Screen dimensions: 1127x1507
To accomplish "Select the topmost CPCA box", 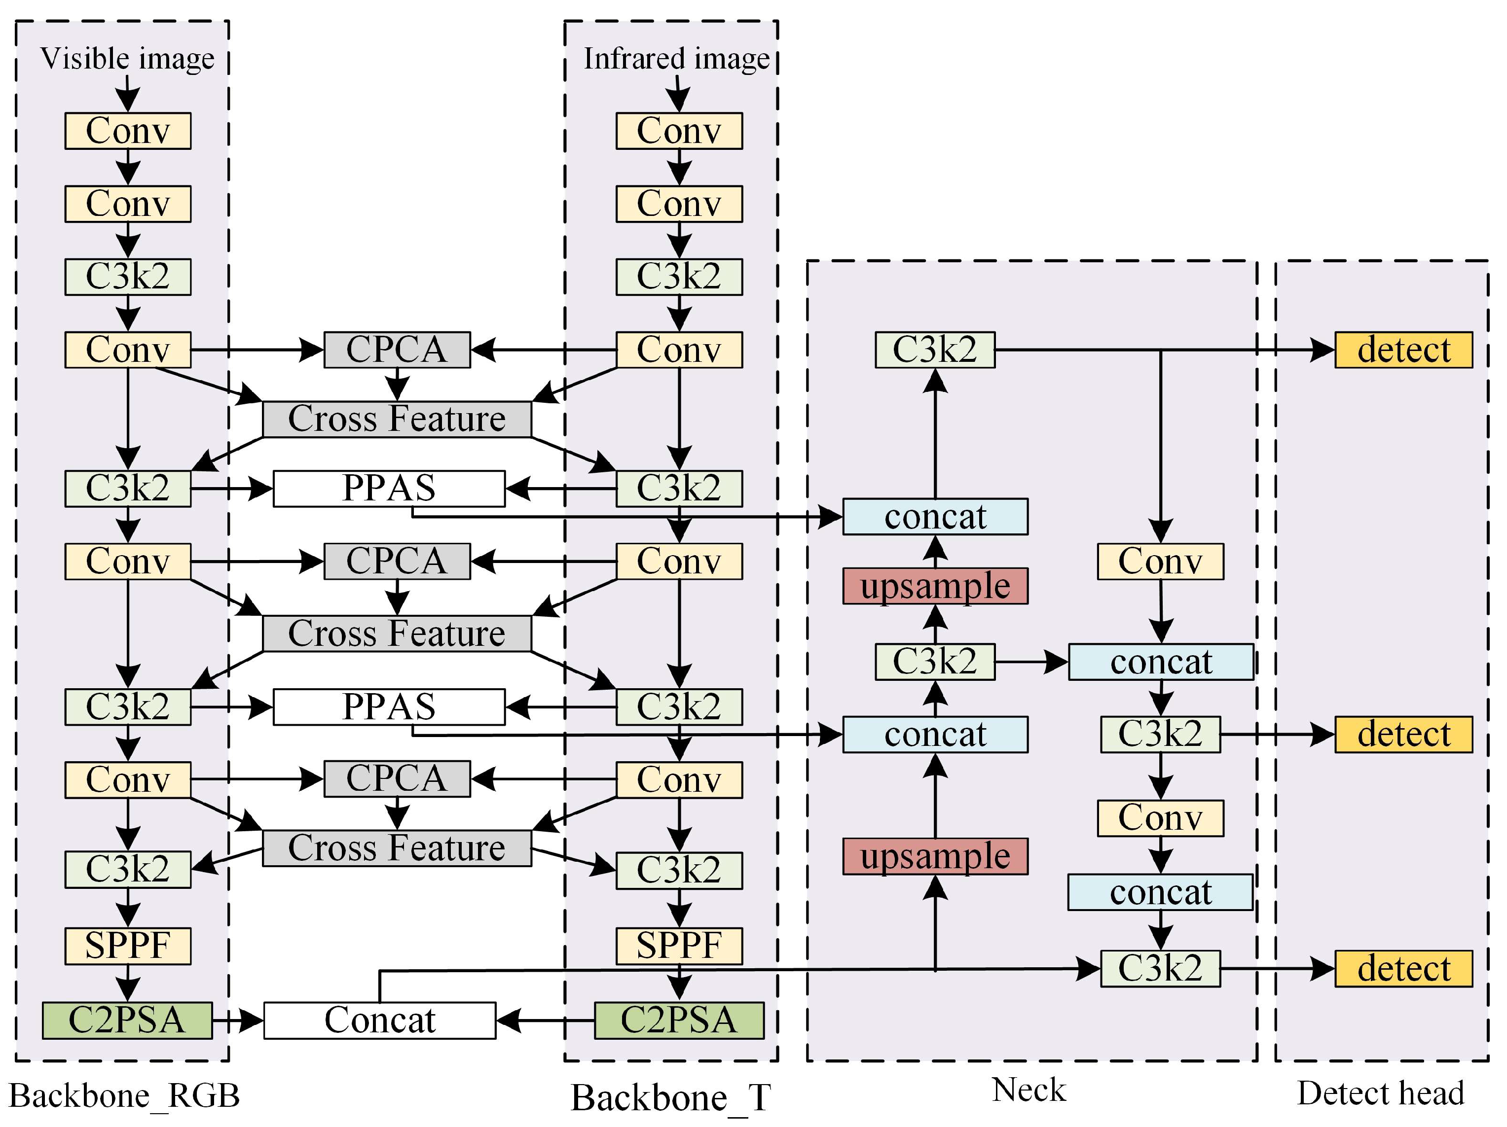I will [x=397, y=350].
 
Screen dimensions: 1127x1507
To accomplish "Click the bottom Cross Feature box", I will [x=397, y=848].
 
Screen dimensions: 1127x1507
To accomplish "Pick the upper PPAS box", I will [x=389, y=488].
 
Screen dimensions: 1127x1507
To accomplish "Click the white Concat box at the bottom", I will [x=379, y=1020].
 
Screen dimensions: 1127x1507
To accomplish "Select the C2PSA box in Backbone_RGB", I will [x=127, y=1020].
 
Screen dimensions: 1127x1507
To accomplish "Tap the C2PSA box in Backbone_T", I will [x=679, y=1020].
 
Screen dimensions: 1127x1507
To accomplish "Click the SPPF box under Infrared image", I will [x=679, y=945].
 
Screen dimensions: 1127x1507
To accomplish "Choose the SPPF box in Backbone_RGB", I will [x=127, y=945].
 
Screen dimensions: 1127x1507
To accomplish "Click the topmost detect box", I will [x=1403, y=350].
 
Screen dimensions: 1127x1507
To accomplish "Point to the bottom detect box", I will [x=1403, y=968].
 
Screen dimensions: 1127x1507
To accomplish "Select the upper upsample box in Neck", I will [x=935, y=586].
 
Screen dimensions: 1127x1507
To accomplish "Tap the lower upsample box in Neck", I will [x=935, y=856].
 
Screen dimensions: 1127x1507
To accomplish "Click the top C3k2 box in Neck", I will [x=935, y=350].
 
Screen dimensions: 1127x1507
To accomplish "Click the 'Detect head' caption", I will [x=1380, y=1093].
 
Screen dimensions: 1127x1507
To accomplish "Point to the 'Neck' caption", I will [x=1029, y=1090].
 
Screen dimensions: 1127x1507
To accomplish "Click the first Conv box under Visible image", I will [x=127, y=131].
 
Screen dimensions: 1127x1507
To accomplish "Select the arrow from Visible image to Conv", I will [x=127, y=94].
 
